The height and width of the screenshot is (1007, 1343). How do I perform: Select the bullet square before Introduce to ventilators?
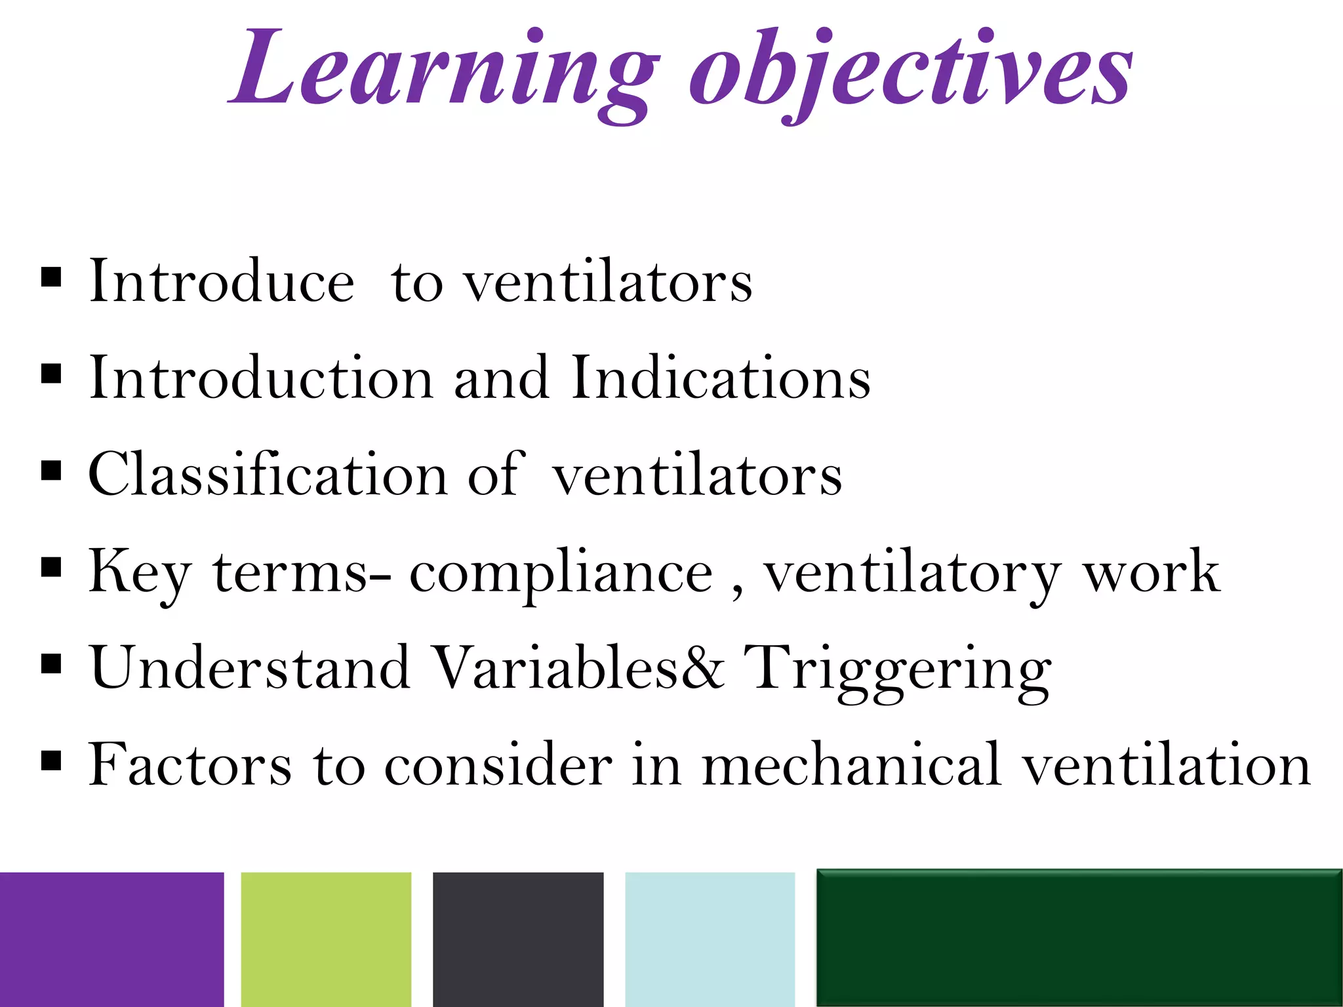click(51, 277)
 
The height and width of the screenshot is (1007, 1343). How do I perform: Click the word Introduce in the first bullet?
click(222, 282)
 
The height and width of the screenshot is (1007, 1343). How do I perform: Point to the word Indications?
click(720, 378)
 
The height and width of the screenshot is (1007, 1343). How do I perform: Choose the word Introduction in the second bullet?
click(260, 378)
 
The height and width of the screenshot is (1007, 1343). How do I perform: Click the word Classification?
click(268, 475)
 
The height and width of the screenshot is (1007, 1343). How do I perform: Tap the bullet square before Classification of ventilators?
click(51, 470)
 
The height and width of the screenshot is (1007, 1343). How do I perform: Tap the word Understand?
click(250, 669)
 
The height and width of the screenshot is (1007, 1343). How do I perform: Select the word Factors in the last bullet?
click(190, 764)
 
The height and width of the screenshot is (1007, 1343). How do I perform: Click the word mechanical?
click(851, 764)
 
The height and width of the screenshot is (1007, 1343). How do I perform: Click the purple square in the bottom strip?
click(111, 939)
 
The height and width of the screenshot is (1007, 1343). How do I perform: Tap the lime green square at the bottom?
click(326, 939)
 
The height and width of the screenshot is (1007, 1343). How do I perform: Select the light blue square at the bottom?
click(710, 939)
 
